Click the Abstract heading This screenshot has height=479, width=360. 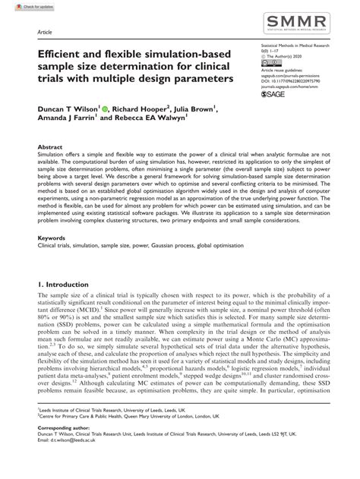click(x=49, y=147)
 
